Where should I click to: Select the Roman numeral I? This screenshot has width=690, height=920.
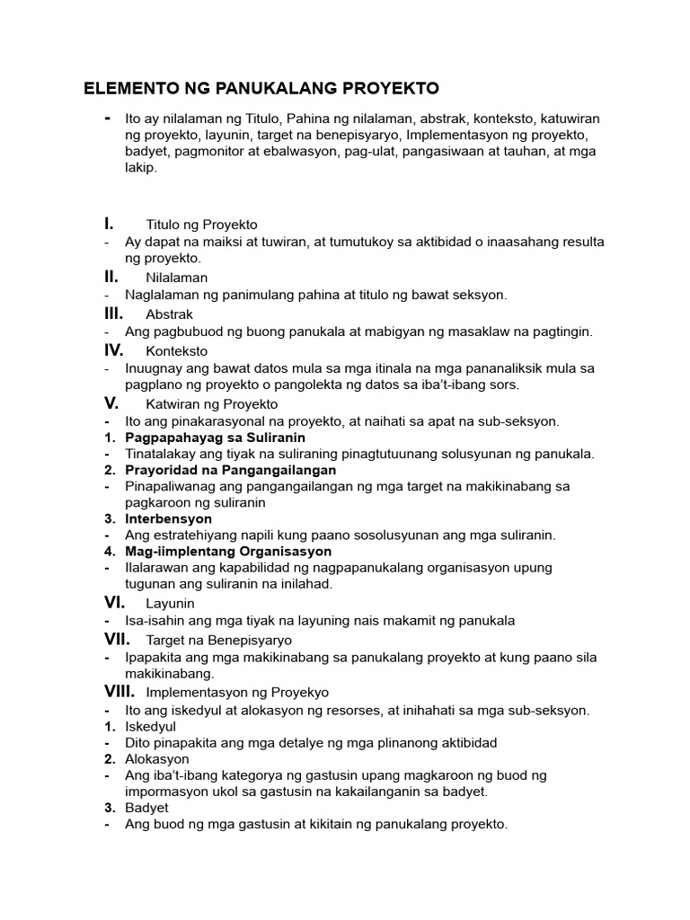[x=108, y=224]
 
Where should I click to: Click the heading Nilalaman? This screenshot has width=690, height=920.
[x=176, y=278]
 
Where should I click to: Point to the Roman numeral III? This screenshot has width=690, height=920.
[x=112, y=314]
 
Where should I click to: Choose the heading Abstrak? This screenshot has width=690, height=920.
[x=169, y=314]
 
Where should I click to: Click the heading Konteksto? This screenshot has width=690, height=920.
[x=176, y=350]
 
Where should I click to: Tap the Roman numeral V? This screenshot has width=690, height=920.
[x=111, y=403]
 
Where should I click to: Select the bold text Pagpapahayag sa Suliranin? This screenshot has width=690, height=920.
[x=215, y=438]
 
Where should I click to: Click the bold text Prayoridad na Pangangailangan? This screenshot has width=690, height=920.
[x=231, y=470]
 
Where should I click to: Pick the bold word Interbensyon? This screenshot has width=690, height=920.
[x=169, y=518]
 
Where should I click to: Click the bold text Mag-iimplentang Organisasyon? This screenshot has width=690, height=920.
[x=228, y=551]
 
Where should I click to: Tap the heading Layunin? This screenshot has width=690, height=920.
[x=170, y=604]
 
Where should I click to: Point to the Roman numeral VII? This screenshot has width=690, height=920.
[x=117, y=640]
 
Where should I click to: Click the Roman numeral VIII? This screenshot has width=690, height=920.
[x=119, y=692]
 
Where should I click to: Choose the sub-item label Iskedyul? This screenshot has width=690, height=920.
[x=151, y=726]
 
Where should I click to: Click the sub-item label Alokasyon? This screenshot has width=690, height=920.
[x=157, y=759]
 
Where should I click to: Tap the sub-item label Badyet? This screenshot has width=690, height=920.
[x=147, y=808]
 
